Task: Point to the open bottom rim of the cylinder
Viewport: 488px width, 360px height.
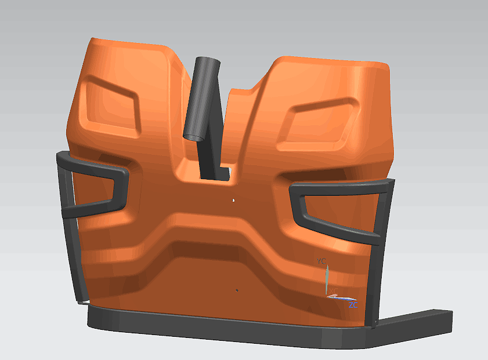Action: point(194,136)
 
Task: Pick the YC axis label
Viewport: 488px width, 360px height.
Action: point(321,261)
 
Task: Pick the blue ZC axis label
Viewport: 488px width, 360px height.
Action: point(352,304)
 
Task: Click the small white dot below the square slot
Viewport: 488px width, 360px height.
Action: point(233,201)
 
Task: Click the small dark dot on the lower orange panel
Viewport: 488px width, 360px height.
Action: point(237,288)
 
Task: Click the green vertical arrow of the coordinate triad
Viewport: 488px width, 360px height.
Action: point(327,278)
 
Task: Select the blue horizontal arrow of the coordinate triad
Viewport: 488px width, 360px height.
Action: point(342,297)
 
